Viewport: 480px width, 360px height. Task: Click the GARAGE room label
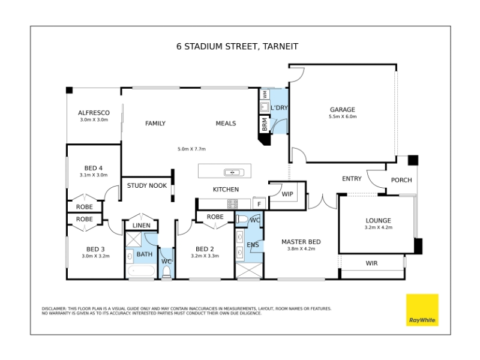(342, 110)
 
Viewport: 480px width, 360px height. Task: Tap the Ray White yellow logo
(422, 310)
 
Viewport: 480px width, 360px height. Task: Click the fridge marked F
(259, 203)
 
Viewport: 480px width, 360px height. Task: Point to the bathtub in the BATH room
(141, 271)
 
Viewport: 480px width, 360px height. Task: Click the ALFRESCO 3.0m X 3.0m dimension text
(94, 119)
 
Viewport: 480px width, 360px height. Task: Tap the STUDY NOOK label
(147, 185)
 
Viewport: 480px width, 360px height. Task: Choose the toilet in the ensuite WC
(242, 219)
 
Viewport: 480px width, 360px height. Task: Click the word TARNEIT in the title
(280, 47)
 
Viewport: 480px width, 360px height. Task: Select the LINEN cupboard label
(142, 226)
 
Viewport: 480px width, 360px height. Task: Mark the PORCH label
(401, 180)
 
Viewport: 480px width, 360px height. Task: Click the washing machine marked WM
(265, 94)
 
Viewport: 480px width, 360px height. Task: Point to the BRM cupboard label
(265, 124)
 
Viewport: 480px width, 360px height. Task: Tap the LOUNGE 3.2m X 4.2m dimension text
(379, 227)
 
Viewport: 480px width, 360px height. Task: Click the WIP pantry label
(287, 194)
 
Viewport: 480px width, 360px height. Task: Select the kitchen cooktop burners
(232, 203)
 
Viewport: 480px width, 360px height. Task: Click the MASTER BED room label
(301, 242)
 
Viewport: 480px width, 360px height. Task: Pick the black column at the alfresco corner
(70, 90)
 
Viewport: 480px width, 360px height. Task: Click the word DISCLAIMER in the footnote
(54, 308)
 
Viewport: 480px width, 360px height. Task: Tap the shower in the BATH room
(133, 239)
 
